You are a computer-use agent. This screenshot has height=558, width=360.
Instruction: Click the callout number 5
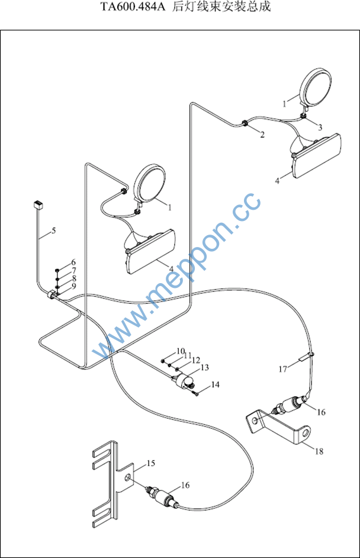[x=54, y=230]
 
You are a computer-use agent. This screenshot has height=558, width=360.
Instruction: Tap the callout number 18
[x=319, y=451]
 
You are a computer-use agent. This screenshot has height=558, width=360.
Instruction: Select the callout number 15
[x=151, y=463]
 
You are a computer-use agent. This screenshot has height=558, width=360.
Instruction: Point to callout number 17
[x=282, y=369]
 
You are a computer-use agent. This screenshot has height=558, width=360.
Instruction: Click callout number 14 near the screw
[x=215, y=384]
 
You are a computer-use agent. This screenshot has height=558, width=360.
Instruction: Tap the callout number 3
[x=320, y=127]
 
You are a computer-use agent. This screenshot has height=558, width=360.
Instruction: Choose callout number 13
[x=204, y=367]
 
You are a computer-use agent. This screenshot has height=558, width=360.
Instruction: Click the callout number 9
[x=74, y=286]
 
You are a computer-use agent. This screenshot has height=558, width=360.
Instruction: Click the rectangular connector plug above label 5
[x=37, y=204]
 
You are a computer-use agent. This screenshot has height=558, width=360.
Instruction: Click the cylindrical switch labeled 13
[x=183, y=381]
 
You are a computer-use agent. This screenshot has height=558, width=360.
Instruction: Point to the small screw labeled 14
[x=195, y=393]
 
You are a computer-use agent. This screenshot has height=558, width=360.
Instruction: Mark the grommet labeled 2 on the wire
[x=245, y=123]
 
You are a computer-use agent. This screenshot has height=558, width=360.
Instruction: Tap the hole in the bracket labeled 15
[x=127, y=477]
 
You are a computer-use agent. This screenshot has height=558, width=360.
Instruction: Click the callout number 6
[x=73, y=262]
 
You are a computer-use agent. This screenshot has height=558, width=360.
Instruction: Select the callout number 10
[x=181, y=351]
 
